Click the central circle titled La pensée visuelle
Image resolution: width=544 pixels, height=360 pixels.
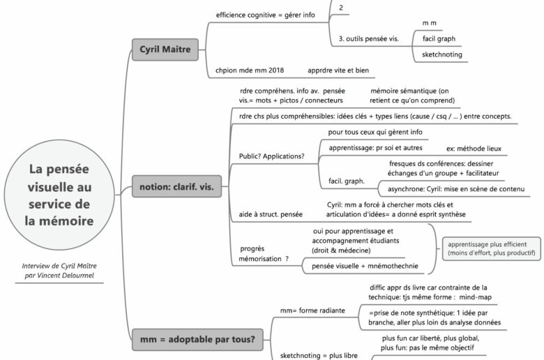point(59,195)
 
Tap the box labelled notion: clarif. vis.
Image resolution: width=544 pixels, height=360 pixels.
point(174,187)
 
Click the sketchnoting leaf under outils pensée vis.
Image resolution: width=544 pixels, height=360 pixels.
point(442,54)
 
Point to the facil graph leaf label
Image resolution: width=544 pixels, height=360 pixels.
point(439,38)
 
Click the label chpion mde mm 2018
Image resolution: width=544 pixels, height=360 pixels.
point(250,70)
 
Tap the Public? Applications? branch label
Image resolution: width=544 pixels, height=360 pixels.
point(271,156)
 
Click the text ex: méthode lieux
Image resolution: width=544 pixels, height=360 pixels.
point(474,149)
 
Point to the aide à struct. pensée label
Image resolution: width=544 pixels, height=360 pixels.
point(271,214)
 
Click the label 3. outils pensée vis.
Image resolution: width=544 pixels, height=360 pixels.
point(368,38)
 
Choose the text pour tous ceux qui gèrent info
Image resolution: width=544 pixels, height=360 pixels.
point(375,132)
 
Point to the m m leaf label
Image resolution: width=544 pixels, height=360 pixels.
point(430,23)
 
